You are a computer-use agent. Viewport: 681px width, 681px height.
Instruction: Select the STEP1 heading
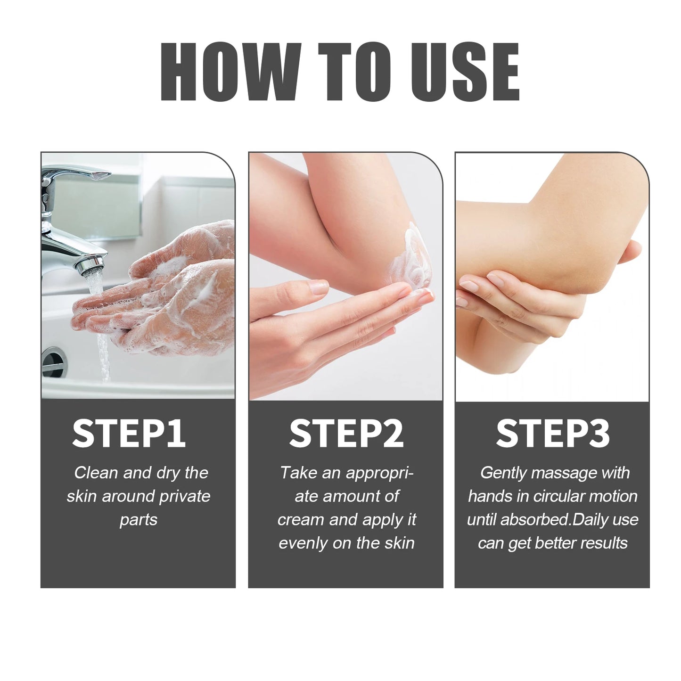pos(129,434)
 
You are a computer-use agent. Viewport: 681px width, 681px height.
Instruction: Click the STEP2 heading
pos(346,434)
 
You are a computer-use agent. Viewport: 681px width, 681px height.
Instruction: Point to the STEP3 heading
pos(552,434)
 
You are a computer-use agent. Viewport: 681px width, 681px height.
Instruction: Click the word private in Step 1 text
pos(185,496)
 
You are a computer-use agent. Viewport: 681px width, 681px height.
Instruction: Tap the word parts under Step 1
pos(138,520)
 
